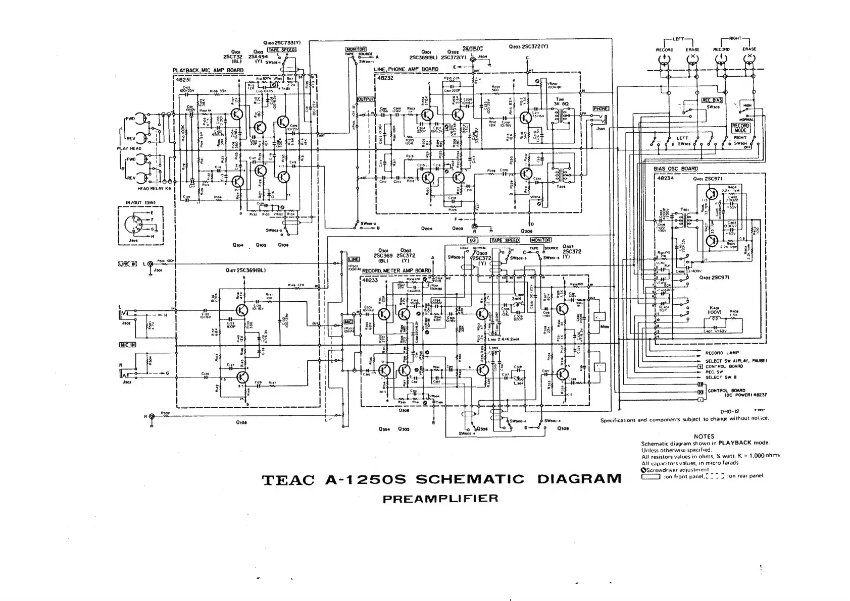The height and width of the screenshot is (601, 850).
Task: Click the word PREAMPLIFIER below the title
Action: (440, 499)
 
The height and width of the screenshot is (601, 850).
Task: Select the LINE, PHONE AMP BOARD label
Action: (406, 69)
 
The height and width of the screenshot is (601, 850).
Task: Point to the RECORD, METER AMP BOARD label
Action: (396, 270)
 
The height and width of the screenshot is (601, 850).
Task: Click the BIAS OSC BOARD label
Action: (676, 169)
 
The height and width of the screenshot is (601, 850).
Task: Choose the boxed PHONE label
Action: (601, 108)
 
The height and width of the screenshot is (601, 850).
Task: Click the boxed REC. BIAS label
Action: (713, 100)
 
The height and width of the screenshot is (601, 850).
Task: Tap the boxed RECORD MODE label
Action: (740, 128)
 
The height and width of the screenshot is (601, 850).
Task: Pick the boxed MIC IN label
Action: (127, 345)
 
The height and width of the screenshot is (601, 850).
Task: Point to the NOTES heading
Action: (704, 436)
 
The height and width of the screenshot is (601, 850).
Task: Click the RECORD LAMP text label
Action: (722, 353)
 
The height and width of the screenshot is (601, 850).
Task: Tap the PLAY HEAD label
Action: (129, 149)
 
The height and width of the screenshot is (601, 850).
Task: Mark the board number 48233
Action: (370, 280)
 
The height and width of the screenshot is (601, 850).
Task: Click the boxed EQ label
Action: (473, 240)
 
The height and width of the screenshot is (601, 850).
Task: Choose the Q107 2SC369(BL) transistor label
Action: (246, 270)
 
